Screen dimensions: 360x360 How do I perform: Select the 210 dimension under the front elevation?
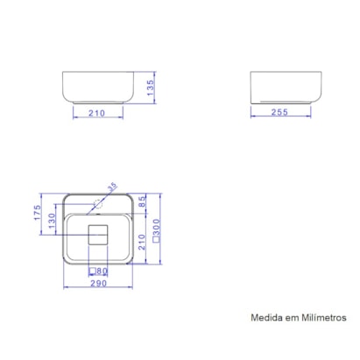point(98,112)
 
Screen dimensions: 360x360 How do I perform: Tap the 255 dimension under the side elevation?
point(280,112)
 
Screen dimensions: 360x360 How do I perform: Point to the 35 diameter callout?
point(112,187)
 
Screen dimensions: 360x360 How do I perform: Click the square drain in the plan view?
point(97,235)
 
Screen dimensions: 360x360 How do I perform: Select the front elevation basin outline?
point(98,87)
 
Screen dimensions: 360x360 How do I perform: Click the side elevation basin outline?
point(279,87)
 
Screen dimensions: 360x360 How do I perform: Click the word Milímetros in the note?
point(323,319)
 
